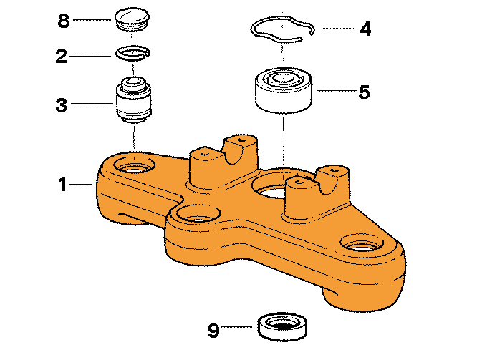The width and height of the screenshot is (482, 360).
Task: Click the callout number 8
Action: click(64, 20)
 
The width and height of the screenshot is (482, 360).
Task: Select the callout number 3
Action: click(62, 106)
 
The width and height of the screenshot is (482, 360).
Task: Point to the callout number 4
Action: click(365, 29)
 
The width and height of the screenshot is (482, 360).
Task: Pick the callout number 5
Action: click(365, 92)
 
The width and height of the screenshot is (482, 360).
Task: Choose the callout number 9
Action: click(213, 330)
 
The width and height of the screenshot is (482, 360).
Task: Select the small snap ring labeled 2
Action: click(133, 53)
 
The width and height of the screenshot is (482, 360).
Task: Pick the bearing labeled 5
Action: click(284, 89)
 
